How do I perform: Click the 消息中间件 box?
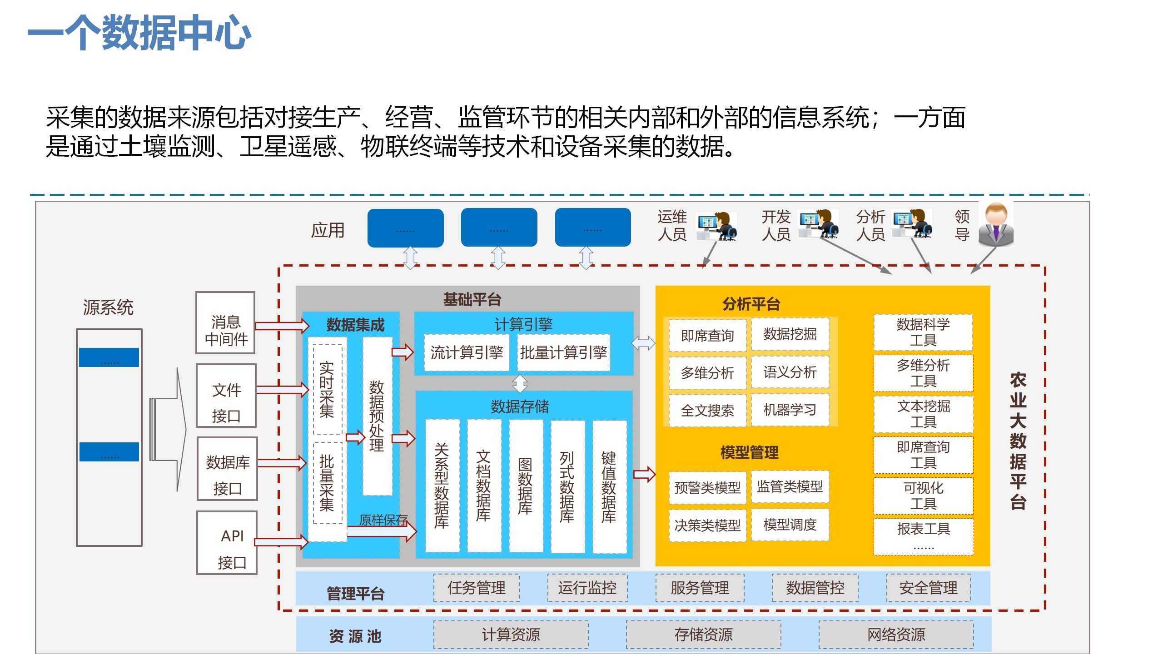click(225, 323)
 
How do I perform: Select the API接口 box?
click(227, 542)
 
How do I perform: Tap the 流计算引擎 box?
click(466, 352)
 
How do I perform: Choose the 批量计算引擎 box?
click(563, 352)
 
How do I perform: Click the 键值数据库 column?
click(609, 486)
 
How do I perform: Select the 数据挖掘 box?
click(790, 334)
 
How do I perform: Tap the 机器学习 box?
click(790, 410)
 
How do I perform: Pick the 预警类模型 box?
click(707, 488)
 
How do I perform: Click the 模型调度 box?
click(790, 525)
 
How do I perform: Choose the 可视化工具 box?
click(923, 495)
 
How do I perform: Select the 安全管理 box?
click(928, 588)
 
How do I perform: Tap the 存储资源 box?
click(703, 634)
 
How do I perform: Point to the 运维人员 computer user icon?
click(717, 226)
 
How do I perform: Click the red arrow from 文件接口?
click(282, 390)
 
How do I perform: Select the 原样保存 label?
click(383, 520)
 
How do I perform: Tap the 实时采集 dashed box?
click(327, 389)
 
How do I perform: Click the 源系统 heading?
click(108, 307)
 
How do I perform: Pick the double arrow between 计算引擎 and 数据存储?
click(520, 383)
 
